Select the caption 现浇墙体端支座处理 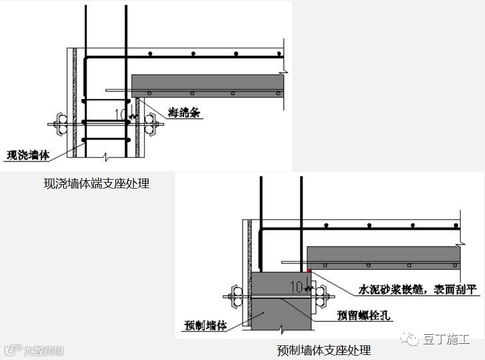coord(96,183)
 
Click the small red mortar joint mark coord(308,270)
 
